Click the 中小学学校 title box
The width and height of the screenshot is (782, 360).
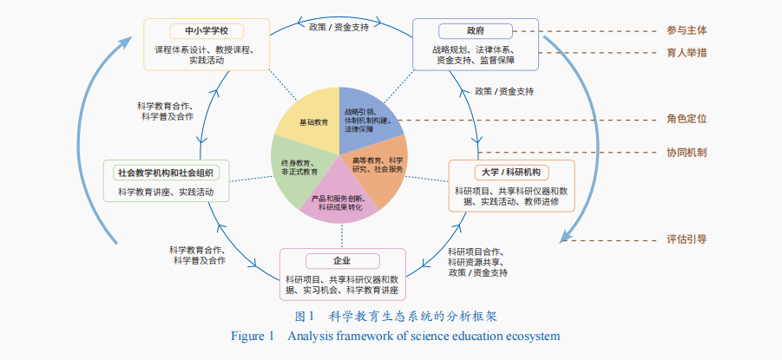point(206,30)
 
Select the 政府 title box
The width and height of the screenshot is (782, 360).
point(474,30)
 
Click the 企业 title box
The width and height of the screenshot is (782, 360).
point(342,261)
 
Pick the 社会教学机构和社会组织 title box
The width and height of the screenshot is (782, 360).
point(167,172)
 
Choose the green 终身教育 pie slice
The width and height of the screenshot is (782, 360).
point(299,167)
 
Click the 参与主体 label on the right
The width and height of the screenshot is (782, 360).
point(686,30)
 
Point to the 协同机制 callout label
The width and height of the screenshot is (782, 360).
point(686,153)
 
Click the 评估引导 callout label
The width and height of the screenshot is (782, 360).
point(686,239)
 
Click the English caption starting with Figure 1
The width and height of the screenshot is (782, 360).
point(395,336)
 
